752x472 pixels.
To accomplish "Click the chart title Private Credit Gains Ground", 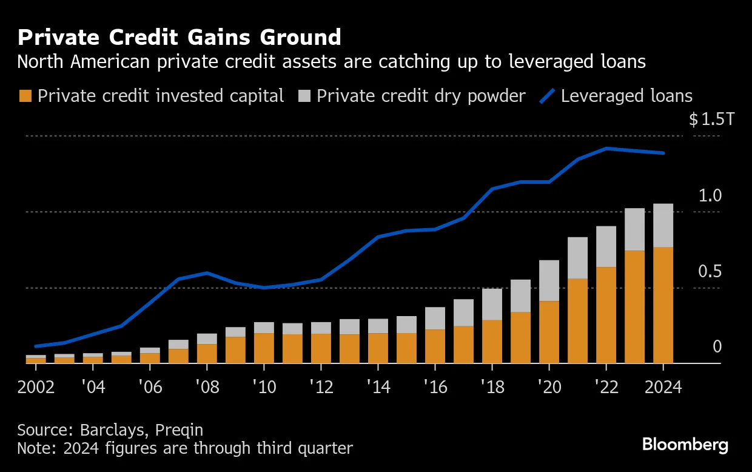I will tap(179, 38).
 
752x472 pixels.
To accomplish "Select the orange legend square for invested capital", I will tap(25, 96).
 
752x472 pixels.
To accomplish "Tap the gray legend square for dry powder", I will tap(304, 96).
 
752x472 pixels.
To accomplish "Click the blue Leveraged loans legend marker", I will tap(548, 96).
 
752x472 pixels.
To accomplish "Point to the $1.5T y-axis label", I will tap(711, 120).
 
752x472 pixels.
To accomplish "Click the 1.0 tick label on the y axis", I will tap(710, 195).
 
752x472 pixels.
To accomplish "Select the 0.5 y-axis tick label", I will tap(710, 271).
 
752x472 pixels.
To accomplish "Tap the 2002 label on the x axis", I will tap(36, 387).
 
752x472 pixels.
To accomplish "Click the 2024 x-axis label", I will tap(663, 387).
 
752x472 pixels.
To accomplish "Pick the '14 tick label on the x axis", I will tap(378, 387).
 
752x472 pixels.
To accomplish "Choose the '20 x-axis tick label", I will tap(548, 387).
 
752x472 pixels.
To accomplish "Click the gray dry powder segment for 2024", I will tap(663, 225).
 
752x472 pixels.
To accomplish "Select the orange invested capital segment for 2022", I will tap(606, 315).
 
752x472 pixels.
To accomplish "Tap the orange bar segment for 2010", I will tap(264, 348).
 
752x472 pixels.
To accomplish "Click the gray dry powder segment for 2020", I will tap(549, 280).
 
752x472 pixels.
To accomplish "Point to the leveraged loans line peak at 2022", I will tap(606, 149).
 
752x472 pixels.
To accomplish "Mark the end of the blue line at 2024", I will tap(663, 153).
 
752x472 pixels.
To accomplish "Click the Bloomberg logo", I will tap(685, 445).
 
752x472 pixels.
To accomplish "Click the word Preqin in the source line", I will tap(179, 430).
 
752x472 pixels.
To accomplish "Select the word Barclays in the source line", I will tap(115, 430).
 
